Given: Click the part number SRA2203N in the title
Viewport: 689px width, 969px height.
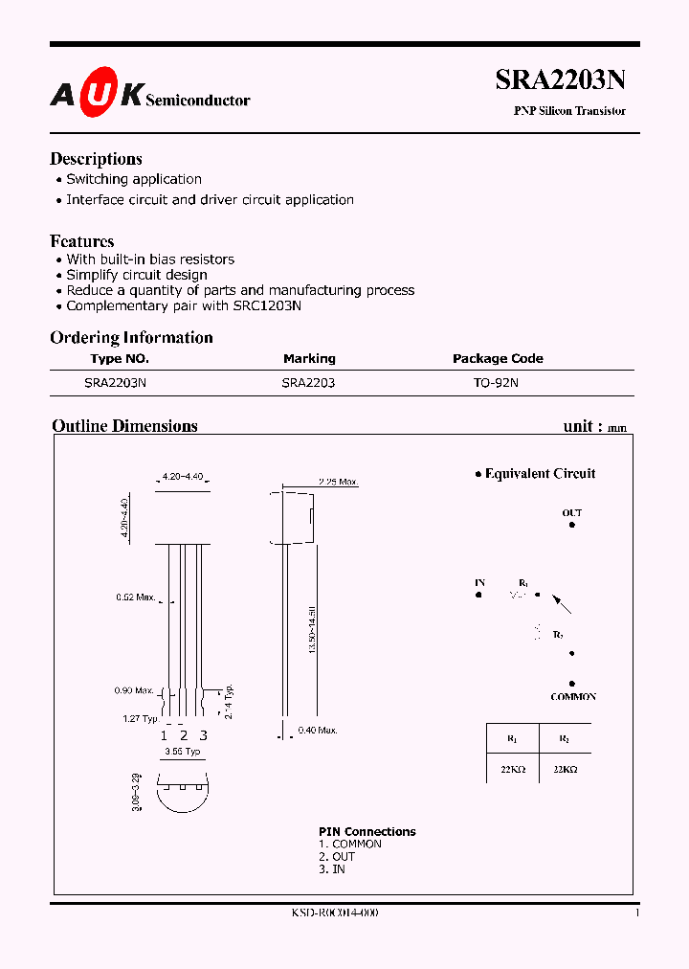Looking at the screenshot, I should [x=560, y=80].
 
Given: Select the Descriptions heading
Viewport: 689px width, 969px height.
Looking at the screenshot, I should [x=96, y=159].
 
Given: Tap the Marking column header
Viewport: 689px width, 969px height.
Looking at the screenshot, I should [x=309, y=358].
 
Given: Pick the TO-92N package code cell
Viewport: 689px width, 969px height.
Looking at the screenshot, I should [x=497, y=381].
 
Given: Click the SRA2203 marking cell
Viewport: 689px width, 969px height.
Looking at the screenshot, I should [x=308, y=381].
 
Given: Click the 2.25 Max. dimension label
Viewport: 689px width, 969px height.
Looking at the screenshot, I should [x=338, y=482].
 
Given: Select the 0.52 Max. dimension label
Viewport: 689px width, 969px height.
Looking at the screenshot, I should [x=135, y=597].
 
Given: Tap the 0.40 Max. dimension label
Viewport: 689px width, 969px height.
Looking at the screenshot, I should [x=318, y=732].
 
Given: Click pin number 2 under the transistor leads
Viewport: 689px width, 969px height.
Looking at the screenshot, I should [x=183, y=735].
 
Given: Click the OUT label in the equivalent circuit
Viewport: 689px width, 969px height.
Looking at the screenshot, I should [x=571, y=513].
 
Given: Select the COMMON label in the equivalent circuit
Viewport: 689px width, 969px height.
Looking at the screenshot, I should [x=573, y=697].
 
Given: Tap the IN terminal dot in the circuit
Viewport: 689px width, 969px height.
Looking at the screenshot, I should [x=478, y=596].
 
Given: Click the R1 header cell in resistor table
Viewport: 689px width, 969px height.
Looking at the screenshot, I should [x=511, y=738].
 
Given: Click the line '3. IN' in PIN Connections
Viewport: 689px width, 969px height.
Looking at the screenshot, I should [x=332, y=868].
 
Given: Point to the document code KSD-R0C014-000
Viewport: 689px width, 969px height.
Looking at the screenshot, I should [x=335, y=913].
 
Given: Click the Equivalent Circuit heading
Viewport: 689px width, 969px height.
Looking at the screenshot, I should [x=540, y=473].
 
